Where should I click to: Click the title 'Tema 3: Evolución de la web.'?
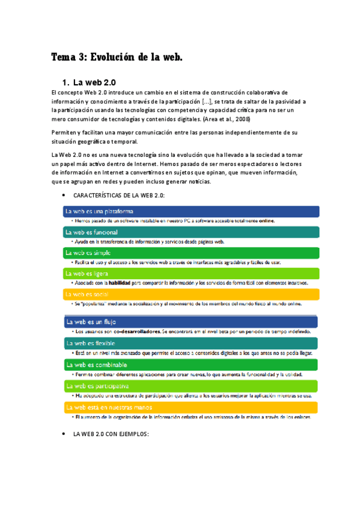pyautogui.click(x=116, y=58)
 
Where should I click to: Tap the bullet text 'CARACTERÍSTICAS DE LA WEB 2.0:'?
pyautogui.click(x=118, y=196)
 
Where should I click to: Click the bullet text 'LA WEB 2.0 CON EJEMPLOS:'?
pyautogui.click(x=111, y=434)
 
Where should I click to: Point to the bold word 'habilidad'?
pyautogui.click(x=120, y=283)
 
